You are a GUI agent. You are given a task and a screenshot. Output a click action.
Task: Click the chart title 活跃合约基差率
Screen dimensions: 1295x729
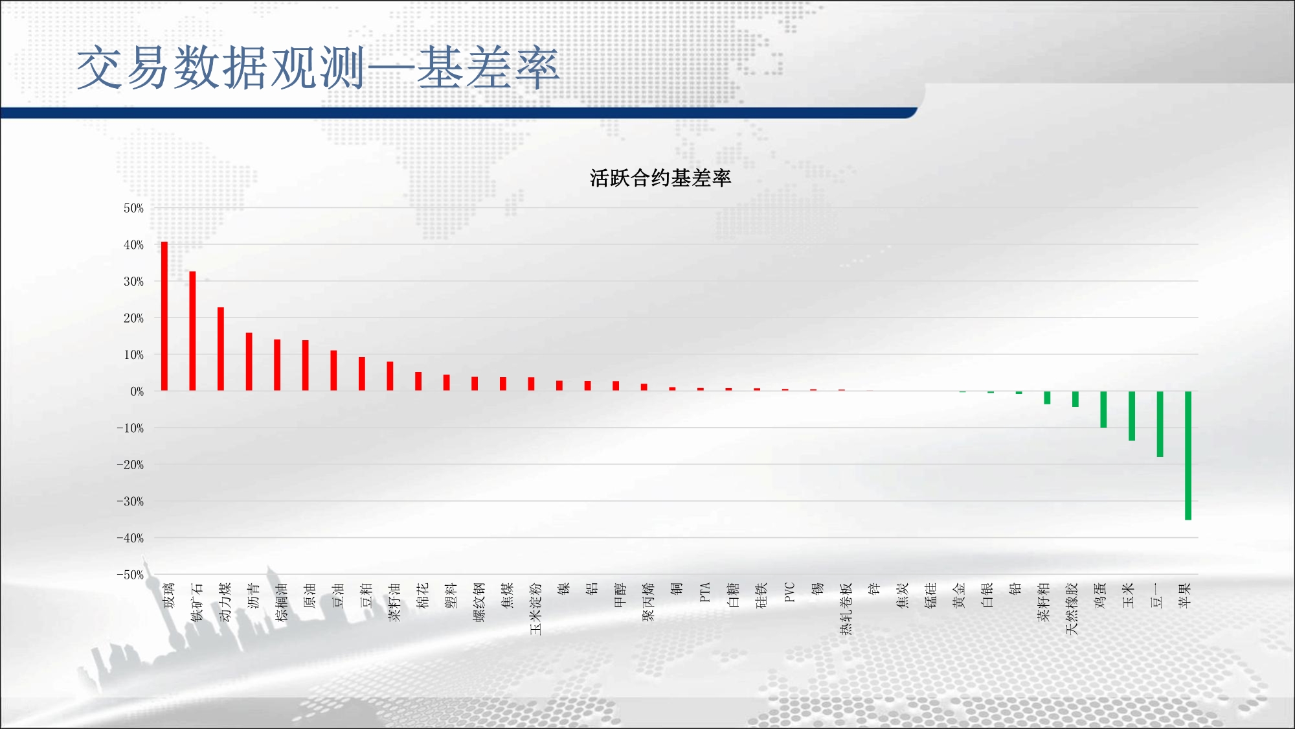coord(660,178)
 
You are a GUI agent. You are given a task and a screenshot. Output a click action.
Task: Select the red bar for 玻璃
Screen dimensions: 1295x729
coord(164,316)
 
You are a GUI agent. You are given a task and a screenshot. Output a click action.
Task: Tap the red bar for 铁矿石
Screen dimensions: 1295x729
coord(192,331)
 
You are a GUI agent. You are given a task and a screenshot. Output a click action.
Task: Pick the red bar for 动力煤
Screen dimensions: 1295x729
coord(221,349)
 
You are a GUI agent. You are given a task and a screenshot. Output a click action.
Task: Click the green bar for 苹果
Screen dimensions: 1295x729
coord(1188,456)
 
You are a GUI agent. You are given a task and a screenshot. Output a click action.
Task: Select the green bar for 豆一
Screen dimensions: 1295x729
coord(1160,424)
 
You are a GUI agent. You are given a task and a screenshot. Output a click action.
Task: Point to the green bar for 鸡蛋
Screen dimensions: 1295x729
coord(1103,410)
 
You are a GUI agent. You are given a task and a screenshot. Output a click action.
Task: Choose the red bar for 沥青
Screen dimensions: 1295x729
coord(249,362)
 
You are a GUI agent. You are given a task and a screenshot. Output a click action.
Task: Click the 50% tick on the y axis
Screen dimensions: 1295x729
coord(133,208)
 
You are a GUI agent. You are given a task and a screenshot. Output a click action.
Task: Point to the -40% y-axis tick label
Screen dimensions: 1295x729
coord(130,538)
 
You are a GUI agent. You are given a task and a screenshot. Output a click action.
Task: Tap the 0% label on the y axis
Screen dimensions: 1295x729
coord(137,391)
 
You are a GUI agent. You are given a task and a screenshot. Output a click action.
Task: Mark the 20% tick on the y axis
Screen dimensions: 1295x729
coord(133,318)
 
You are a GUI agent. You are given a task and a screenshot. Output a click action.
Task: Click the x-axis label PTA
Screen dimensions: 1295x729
coord(705,592)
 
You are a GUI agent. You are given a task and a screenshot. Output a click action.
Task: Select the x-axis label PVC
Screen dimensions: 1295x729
coord(789,592)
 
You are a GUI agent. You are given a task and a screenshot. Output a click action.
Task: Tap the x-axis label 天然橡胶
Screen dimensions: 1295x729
coord(1072,608)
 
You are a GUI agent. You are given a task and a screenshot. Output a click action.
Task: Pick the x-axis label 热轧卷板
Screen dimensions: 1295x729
coord(846,608)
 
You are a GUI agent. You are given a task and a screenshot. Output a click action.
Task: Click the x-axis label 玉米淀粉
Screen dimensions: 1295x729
coord(535,608)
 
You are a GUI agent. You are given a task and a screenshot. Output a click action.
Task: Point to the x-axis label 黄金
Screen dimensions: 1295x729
coord(959,595)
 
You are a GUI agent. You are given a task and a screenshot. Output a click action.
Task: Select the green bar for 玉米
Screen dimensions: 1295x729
coord(1132,416)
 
